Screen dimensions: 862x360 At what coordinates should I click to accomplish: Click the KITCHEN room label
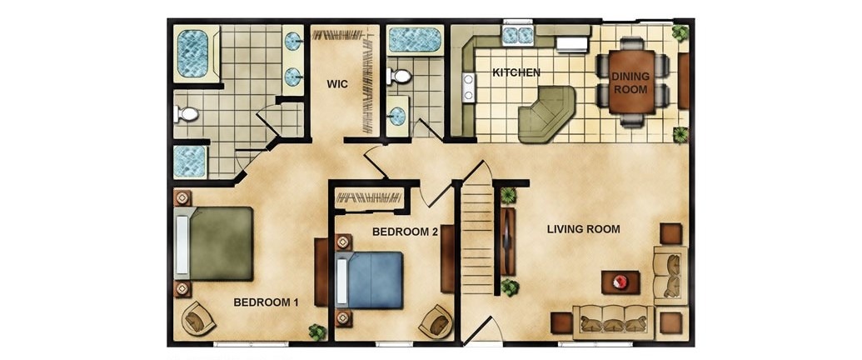[x=516, y=72]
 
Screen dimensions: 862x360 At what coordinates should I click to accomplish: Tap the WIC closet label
[x=336, y=84]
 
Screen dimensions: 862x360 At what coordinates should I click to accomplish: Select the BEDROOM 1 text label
[x=266, y=302]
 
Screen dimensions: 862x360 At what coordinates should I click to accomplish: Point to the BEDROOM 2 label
[x=405, y=232]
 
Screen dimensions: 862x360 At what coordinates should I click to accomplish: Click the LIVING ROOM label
[x=583, y=229]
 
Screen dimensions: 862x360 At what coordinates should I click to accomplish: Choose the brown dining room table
[x=631, y=82]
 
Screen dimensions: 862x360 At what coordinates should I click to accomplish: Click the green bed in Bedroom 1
[x=214, y=243]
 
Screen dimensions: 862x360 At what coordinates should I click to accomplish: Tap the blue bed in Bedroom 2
[x=369, y=280]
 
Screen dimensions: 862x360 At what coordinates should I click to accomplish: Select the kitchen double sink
[x=518, y=35]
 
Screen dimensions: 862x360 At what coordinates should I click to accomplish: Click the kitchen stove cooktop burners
[x=468, y=87]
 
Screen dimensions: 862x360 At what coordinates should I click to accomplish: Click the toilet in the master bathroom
[x=187, y=114]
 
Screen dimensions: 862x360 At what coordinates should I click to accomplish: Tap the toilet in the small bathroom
[x=399, y=76]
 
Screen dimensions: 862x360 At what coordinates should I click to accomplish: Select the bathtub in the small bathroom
[x=415, y=40]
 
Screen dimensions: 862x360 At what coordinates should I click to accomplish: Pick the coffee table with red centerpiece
[x=620, y=282]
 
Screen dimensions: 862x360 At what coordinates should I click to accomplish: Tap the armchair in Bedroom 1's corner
[x=198, y=317]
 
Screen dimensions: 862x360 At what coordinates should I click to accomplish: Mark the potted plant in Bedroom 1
[x=317, y=332]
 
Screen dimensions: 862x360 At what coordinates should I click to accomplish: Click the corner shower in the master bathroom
[x=190, y=162]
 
